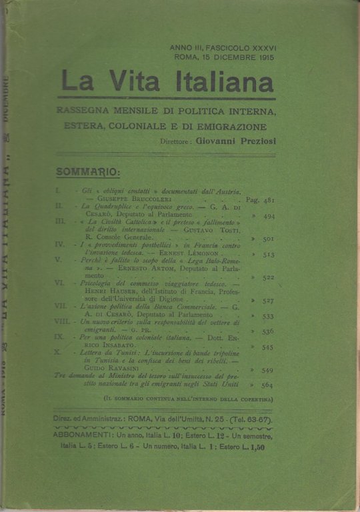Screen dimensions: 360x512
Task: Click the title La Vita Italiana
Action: tap(167, 83)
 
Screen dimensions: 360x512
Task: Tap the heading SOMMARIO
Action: tap(88, 172)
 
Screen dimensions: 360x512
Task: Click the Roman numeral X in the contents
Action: tap(59, 351)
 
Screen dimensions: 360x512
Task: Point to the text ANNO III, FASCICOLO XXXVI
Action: tap(223, 49)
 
